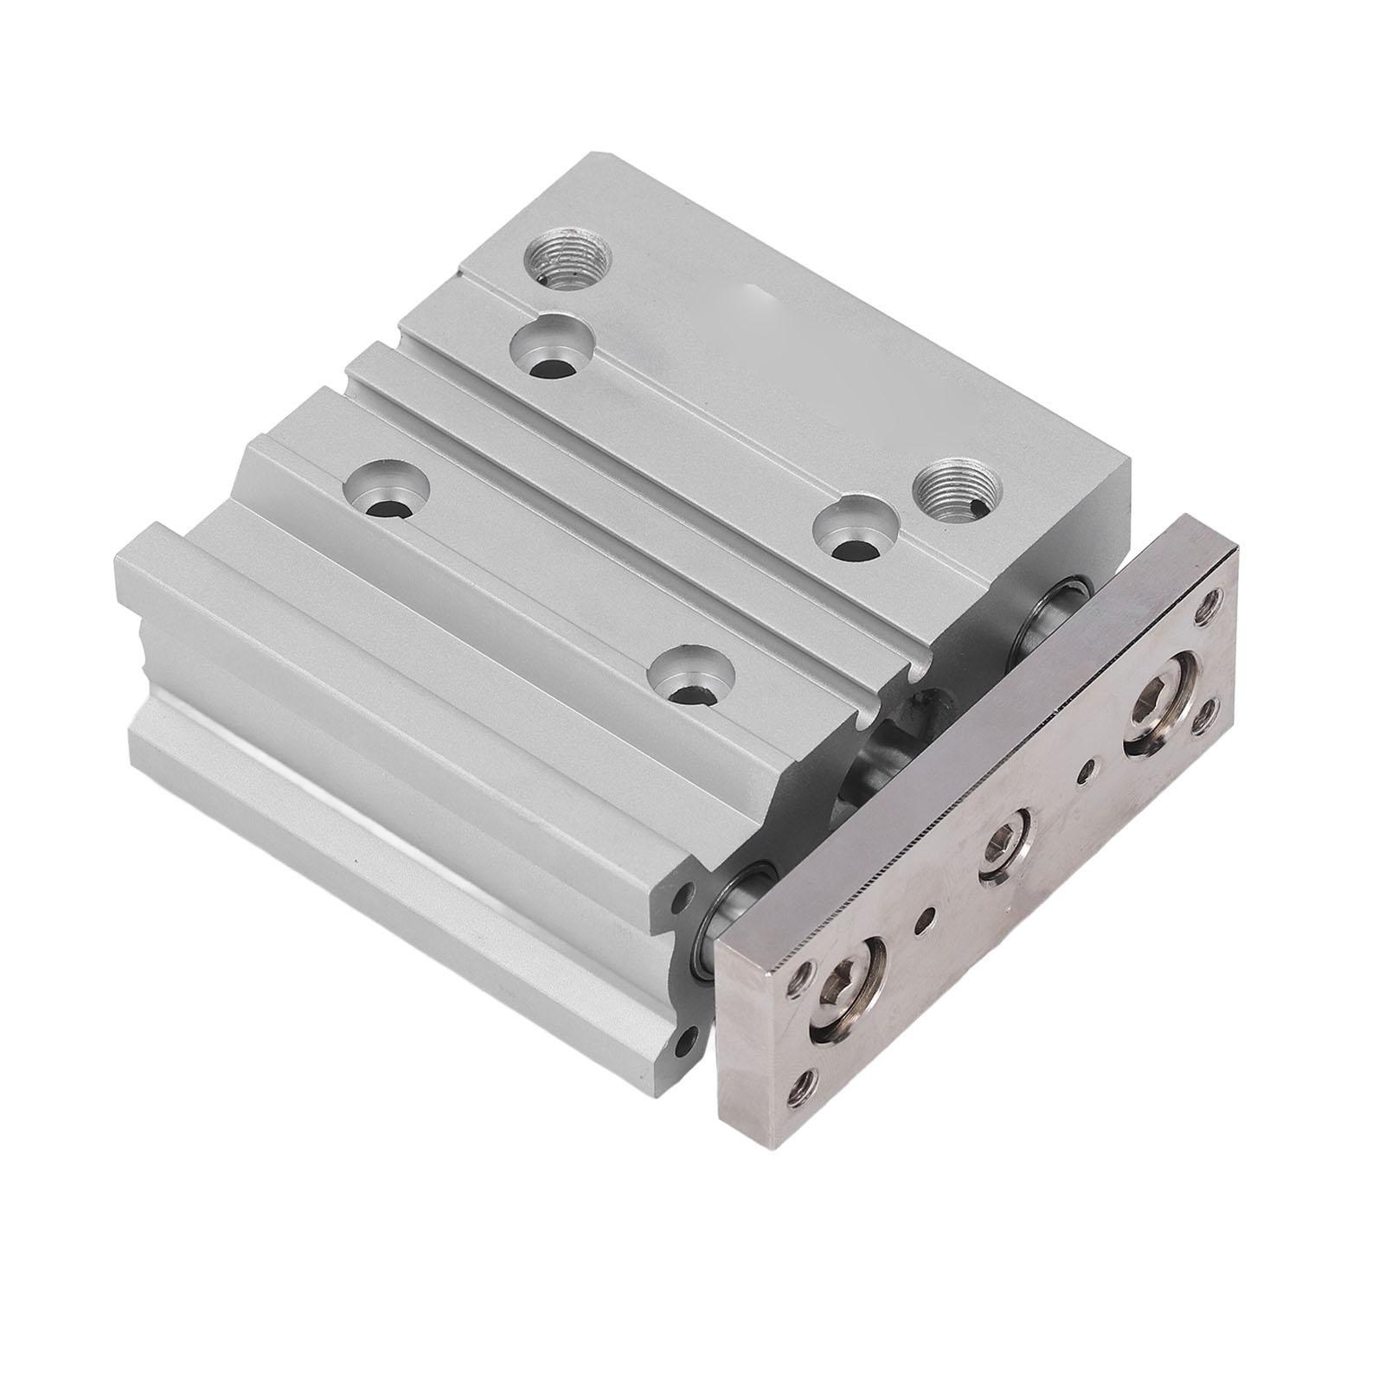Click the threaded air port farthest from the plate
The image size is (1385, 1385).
click(x=569, y=258)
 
